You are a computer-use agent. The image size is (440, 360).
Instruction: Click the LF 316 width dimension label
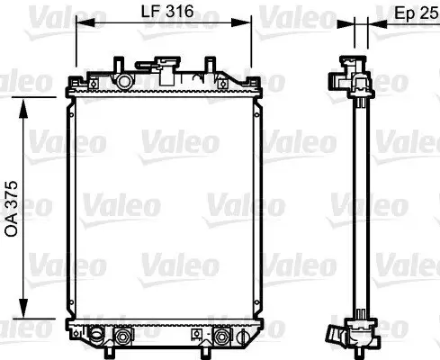coord(166,12)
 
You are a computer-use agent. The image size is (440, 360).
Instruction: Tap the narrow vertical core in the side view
coord(358,207)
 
